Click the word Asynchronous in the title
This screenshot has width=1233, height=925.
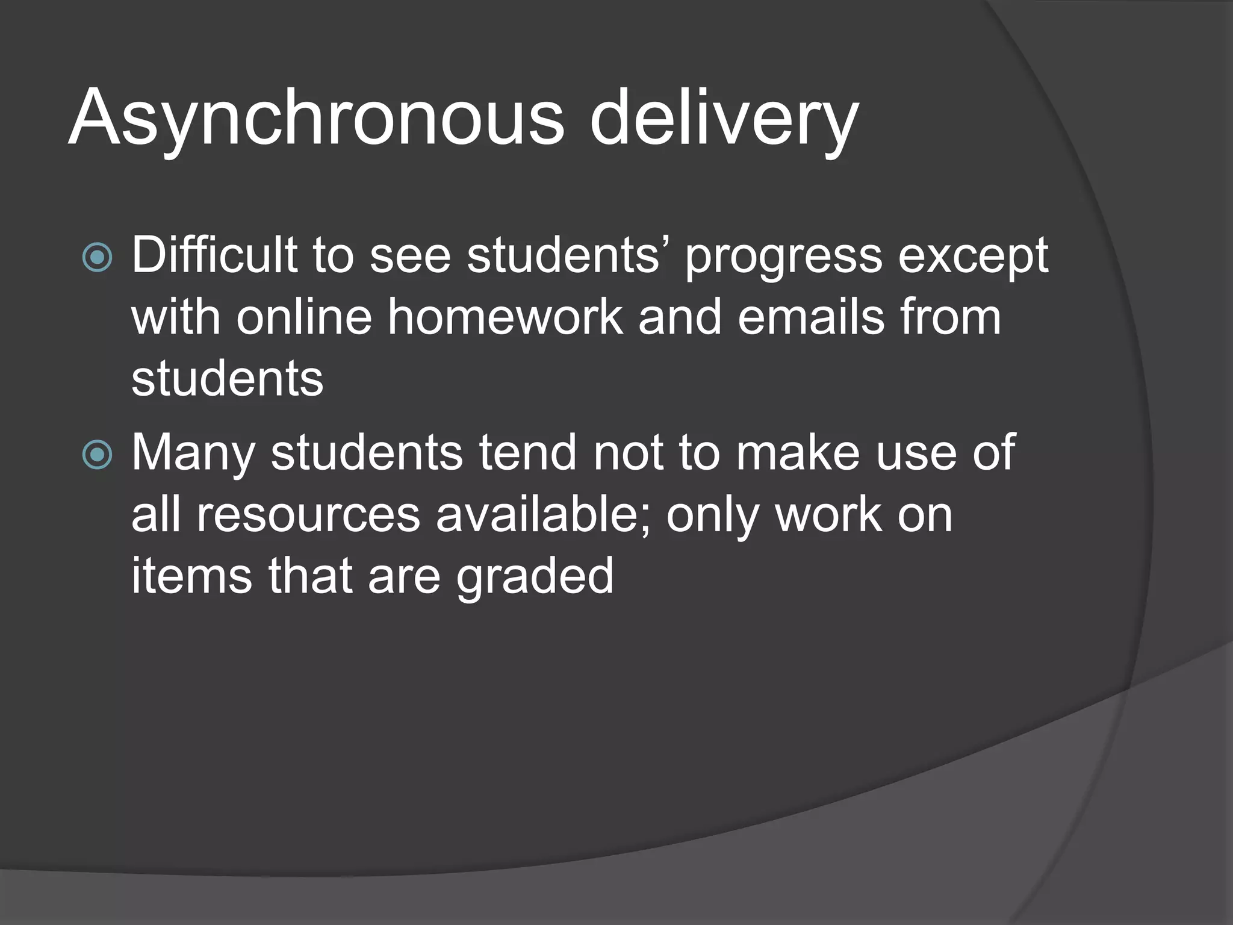(x=317, y=118)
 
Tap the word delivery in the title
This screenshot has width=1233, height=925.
(x=724, y=118)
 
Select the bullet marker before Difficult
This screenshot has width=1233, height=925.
(x=97, y=258)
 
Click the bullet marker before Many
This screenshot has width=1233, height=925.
(x=97, y=454)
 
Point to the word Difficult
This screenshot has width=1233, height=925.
(x=214, y=255)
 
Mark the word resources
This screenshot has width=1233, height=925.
(x=308, y=515)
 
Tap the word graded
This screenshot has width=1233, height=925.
(x=535, y=577)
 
